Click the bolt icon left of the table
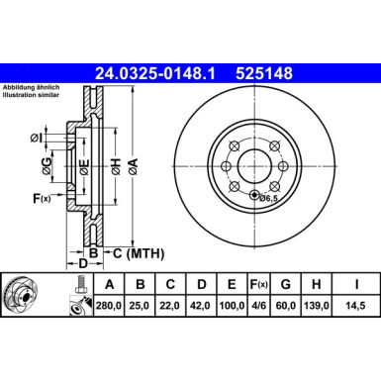(x=77, y=285)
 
